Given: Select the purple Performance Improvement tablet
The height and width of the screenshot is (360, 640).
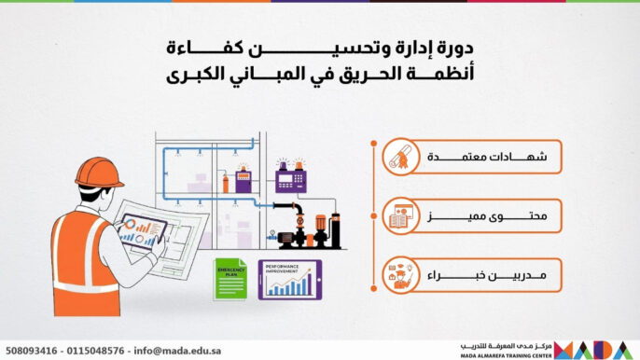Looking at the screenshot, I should (x=288, y=278).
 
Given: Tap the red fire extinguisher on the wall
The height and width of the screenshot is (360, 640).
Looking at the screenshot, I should (x=225, y=185).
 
